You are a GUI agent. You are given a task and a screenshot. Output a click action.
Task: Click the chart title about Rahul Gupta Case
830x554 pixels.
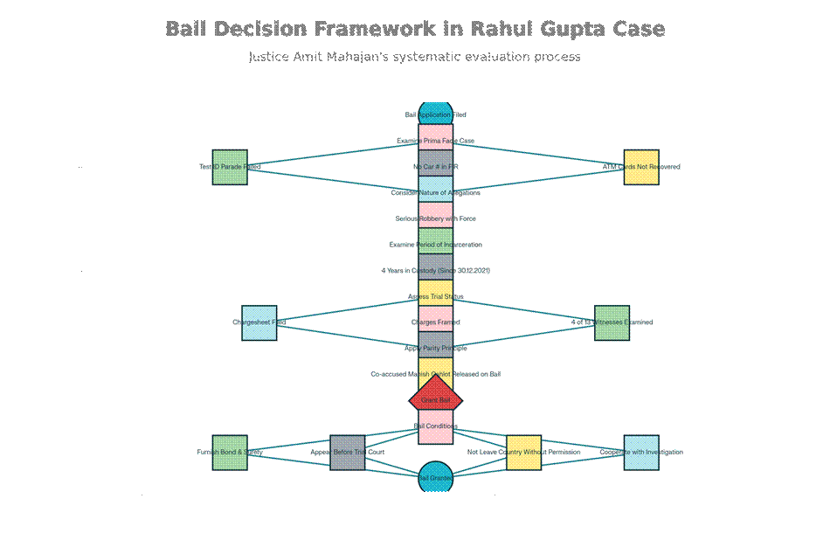click(415, 29)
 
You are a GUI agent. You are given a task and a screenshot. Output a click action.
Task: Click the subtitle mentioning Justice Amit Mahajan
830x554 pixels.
click(415, 57)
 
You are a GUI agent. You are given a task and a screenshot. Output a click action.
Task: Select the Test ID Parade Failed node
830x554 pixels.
click(230, 167)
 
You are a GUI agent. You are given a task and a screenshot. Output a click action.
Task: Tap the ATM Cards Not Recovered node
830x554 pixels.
click(641, 167)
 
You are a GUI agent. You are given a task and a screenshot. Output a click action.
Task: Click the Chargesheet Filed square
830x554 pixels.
click(259, 322)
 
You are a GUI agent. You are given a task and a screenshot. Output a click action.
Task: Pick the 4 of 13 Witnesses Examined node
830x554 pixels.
click(612, 322)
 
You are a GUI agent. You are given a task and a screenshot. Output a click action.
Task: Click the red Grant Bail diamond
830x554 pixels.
click(435, 400)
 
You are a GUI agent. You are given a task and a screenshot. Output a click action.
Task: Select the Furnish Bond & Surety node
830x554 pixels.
click(230, 453)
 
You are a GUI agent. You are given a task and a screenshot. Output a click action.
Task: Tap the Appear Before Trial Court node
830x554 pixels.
click(348, 453)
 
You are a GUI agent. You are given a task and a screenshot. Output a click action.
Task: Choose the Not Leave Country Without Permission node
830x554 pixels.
click(523, 453)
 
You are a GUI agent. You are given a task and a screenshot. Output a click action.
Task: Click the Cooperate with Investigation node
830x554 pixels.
click(641, 453)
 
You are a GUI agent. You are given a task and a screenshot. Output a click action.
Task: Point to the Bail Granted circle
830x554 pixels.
click(435, 478)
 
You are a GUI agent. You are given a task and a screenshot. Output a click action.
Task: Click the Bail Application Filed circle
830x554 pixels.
click(435, 114)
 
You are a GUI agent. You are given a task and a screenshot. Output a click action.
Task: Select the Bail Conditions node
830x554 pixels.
click(435, 426)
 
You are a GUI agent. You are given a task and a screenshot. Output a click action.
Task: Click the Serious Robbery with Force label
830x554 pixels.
click(435, 218)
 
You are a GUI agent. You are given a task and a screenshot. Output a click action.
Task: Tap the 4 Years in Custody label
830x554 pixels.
click(435, 271)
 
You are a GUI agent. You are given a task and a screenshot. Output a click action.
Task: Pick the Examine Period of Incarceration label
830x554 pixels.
click(435, 245)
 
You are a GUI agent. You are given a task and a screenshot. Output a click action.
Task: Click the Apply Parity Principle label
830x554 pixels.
click(435, 349)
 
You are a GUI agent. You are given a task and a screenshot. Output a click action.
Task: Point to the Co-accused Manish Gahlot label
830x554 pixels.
click(435, 374)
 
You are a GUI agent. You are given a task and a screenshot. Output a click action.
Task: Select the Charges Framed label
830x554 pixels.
click(435, 322)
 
